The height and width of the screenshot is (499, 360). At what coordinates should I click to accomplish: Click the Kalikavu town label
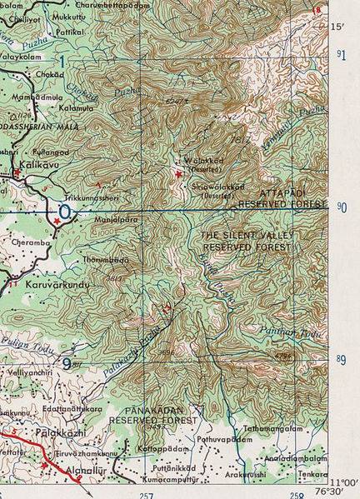[x=38, y=167]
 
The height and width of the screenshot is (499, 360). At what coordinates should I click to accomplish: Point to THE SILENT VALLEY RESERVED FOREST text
[x=247, y=242]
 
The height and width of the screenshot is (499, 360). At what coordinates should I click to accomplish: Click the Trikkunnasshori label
[x=91, y=197]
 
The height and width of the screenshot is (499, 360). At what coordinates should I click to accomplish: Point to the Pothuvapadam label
[x=223, y=438]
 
